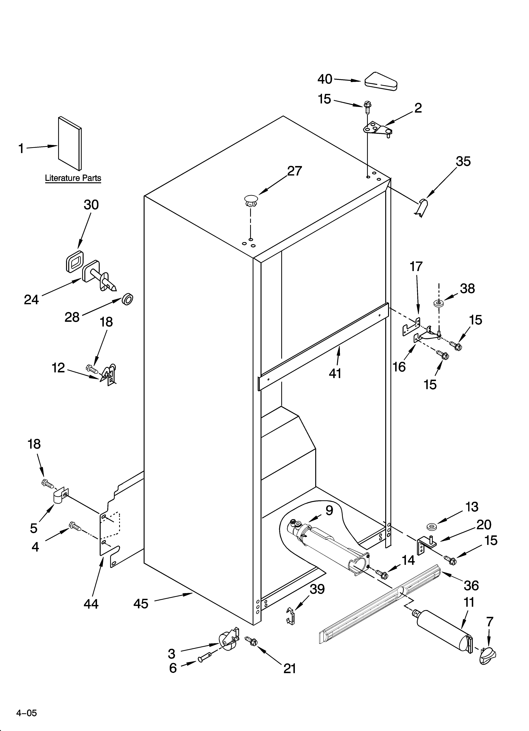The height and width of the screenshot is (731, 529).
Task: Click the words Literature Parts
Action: tap(73, 178)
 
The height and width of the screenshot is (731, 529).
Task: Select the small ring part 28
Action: tap(128, 299)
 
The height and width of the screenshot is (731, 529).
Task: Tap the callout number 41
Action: tap(335, 373)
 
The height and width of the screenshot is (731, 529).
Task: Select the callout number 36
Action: tap(471, 585)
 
